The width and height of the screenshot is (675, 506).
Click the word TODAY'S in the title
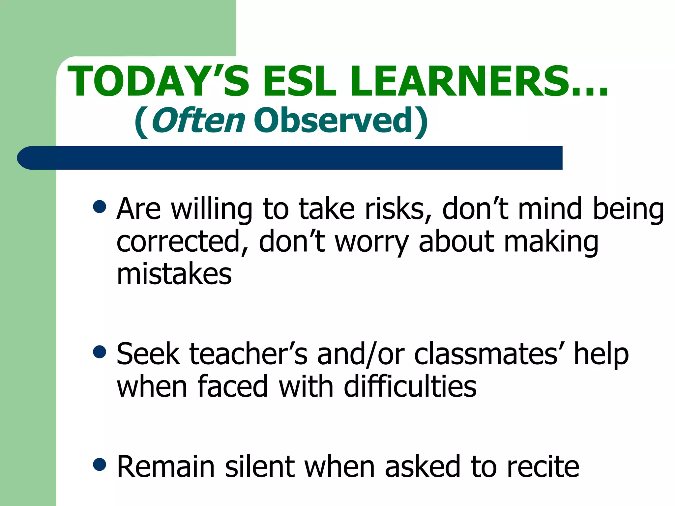coord(158,81)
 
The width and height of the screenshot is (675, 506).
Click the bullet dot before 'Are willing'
coord(100,207)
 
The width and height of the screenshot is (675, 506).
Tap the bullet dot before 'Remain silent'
coord(100,464)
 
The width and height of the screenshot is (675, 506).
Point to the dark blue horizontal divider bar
coord(290,158)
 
